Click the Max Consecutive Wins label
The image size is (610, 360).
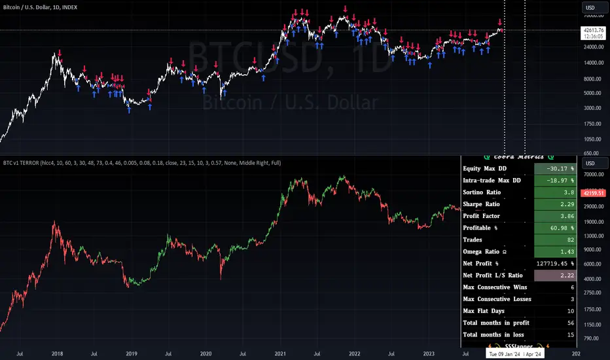pyautogui.click(x=497, y=287)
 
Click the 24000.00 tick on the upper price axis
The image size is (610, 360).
pyautogui.click(x=593, y=46)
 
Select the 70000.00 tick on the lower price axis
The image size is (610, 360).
pyautogui.click(x=593, y=175)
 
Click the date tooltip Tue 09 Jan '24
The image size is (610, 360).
pyautogui.click(x=507, y=353)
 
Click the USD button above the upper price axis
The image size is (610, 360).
pyautogui.click(x=592, y=9)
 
